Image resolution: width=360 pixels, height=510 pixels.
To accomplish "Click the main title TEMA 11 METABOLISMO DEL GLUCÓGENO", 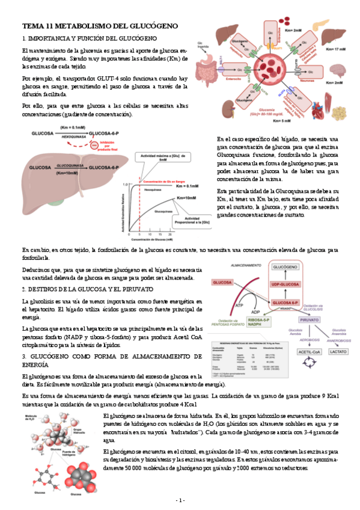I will coord(100,26).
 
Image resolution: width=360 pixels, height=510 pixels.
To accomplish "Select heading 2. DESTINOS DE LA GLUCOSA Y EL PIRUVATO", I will coord(86,289).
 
